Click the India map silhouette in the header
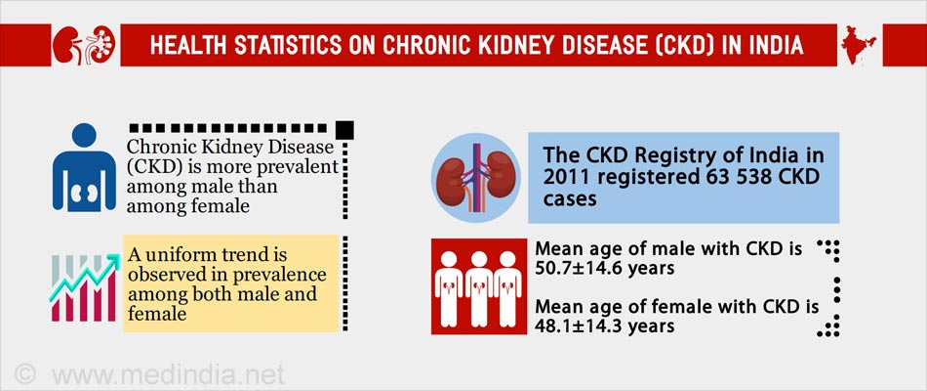[859, 44]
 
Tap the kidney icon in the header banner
[84, 45]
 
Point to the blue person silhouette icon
[85, 167]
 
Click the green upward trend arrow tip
[117, 257]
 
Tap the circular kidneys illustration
[476, 178]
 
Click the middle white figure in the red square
[479, 288]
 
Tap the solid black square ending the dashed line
[344, 130]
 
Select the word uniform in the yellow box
[183, 255]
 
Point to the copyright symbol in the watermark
[24, 374]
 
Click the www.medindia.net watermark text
[168, 375]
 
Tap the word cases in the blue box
[570, 198]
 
